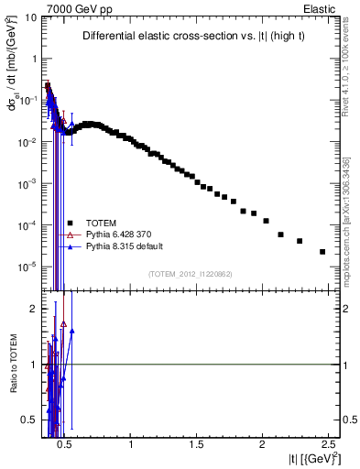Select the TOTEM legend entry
[x=100, y=223]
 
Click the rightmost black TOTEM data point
[x=322, y=252]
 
